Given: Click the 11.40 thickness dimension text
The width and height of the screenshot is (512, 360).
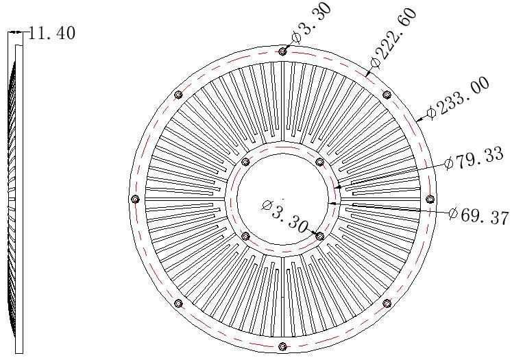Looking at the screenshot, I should coord(52,33).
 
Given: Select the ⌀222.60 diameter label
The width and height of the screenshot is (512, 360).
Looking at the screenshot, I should coord(393,38).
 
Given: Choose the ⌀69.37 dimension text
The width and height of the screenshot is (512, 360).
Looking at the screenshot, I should coord(479,215).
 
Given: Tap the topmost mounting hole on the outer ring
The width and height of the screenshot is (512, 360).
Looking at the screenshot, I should coord(282,51).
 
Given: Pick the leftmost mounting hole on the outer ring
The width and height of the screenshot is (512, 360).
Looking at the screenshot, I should coord(135,199).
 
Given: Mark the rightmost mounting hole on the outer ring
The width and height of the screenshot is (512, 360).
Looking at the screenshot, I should coord(430,199).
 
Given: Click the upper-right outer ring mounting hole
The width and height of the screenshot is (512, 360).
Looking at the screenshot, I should coord(387,95).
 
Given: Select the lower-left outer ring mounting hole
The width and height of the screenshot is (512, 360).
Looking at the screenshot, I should coord(178,303).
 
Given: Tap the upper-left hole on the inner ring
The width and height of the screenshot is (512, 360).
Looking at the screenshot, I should coord(246,162).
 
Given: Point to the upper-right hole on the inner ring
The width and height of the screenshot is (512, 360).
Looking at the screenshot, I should coord(319,162).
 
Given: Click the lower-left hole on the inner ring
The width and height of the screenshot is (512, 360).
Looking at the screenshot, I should coord(246,236).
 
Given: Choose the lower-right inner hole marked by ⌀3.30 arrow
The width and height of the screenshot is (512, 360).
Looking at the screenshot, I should coord(319,236).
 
